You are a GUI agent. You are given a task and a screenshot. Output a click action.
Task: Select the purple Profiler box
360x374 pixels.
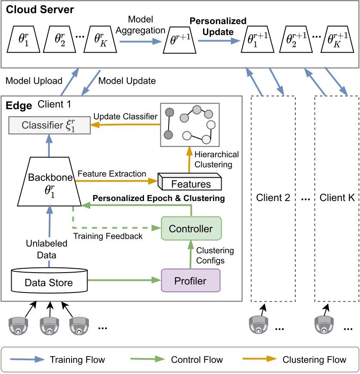[191, 281]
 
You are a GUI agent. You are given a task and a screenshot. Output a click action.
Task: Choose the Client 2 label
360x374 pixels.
[273, 199]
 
